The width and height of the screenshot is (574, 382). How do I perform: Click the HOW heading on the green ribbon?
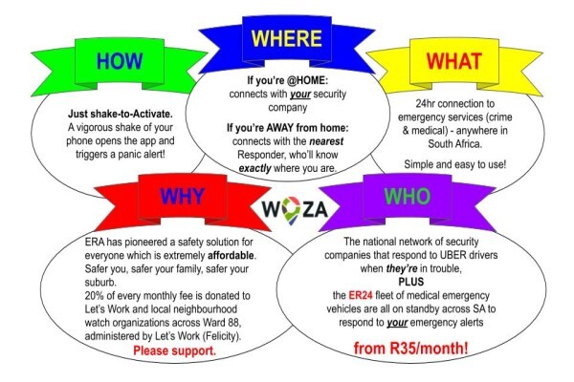120,61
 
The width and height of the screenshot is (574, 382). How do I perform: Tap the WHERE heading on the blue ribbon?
287,38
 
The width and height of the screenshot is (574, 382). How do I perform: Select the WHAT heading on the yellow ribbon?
453,61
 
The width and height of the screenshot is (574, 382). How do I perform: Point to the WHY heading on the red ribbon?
182,197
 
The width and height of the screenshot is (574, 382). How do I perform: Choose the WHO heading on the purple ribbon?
408,197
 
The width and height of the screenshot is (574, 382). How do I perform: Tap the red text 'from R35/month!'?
410,348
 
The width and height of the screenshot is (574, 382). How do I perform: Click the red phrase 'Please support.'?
175,350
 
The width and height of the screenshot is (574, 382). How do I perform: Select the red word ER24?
361,295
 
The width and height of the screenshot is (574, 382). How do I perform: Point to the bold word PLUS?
411,282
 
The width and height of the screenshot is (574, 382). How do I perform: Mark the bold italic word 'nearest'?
326,141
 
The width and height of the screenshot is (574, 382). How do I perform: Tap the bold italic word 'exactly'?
254,168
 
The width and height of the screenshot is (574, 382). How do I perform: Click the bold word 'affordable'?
232,255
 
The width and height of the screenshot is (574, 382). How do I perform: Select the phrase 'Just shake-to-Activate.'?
121,114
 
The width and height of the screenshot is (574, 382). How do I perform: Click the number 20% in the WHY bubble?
93,295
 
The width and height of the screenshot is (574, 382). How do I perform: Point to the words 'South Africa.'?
455,143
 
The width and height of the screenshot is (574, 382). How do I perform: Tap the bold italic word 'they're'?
402,268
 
